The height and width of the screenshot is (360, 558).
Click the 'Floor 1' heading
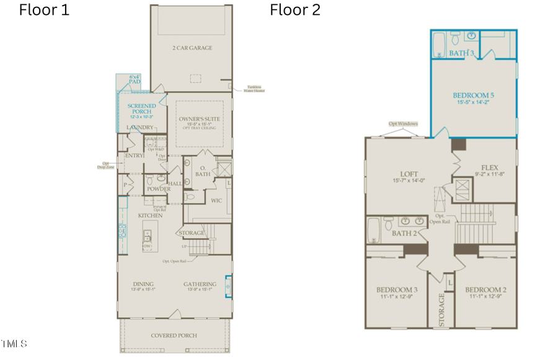pyautogui.click(x=44, y=10)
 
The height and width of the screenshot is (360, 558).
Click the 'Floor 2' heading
pyautogui.click(x=294, y=10)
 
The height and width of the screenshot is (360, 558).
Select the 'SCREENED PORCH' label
pyautogui.click(x=141, y=109)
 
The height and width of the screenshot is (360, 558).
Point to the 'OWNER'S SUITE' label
pyautogui.click(x=199, y=119)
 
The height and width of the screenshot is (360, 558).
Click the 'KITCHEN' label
pyautogui.click(x=150, y=216)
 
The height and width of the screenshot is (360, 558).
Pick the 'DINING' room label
pyautogui.click(x=143, y=284)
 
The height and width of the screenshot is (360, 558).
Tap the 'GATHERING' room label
pyautogui.click(x=199, y=284)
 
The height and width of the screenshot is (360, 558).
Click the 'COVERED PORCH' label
pyautogui.click(x=174, y=335)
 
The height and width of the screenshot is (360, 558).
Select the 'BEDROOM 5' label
pyautogui.click(x=473, y=95)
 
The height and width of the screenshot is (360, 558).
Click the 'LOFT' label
pyautogui.click(x=409, y=174)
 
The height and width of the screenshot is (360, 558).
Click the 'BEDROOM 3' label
pyautogui.click(x=397, y=289)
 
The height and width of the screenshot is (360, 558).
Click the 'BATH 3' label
pyautogui.click(x=462, y=54)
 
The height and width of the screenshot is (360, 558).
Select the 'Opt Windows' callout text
pyautogui.click(x=403, y=124)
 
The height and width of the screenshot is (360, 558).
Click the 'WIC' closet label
pyautogui.click(x=216, y=200)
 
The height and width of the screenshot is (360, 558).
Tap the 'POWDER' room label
pyautogui.click(x=159, y=189)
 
